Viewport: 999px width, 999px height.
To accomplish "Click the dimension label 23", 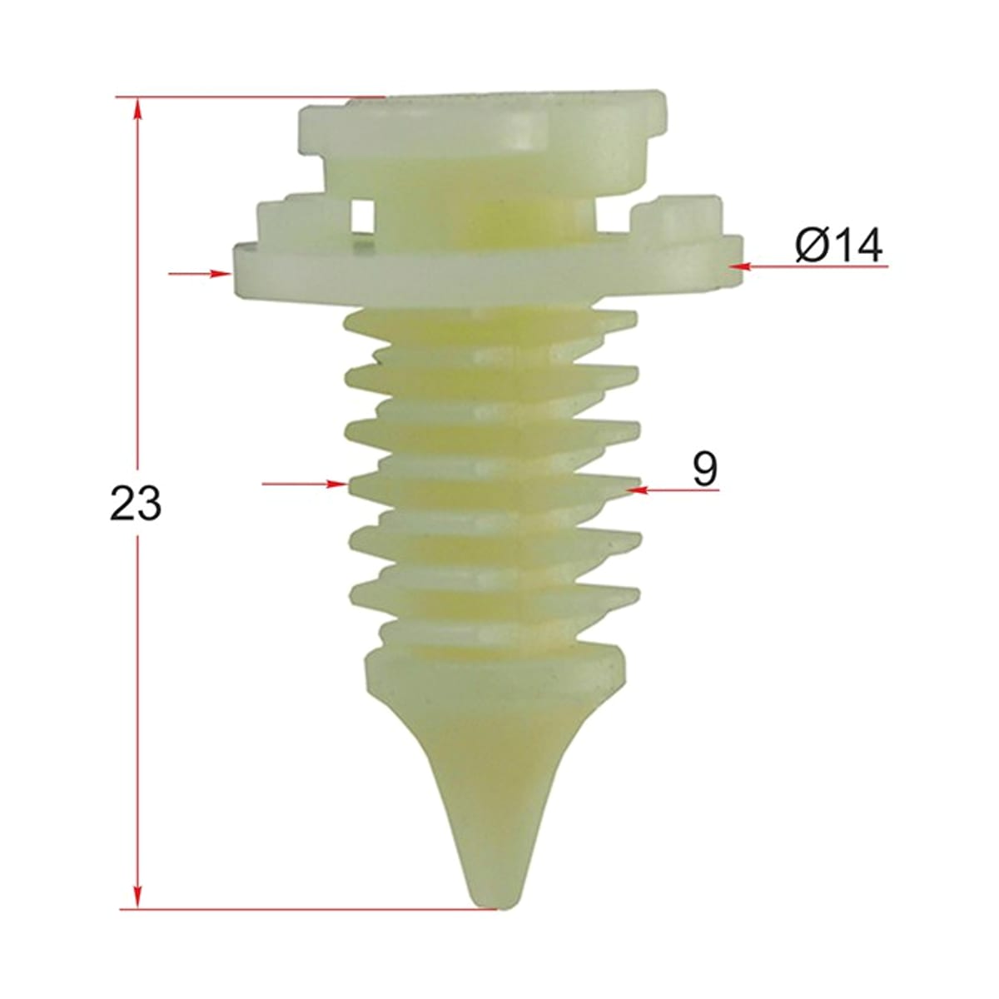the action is (136, 503).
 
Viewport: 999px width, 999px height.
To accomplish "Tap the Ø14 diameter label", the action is (839, 246).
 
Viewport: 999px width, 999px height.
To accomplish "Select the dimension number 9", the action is (705, 469).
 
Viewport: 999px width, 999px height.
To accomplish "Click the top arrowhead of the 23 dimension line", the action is (137, 108).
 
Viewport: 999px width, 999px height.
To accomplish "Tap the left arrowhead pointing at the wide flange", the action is (220, 273).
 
